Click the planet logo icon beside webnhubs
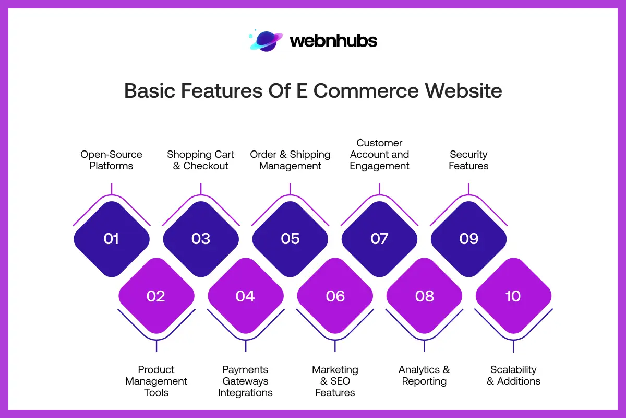click(266, 41)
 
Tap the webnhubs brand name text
click(333, 41)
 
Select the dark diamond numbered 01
click(112, 239)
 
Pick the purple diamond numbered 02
click(156, 296)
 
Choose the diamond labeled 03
click(201, 239)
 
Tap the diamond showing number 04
click(245, 296)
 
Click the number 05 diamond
click(290, 239)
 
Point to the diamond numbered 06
click(335, 296)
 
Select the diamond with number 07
click(379, 239)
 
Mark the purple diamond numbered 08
click(424, 296)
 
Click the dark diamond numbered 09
click(468, 239)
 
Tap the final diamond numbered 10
click(513, 296)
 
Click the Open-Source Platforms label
click(111, 160)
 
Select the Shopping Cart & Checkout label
click(201, 160)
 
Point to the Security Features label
click(468, 160)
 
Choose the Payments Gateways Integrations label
click(245, 381)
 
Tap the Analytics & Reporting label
click(424, 375)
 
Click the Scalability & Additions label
click(513, 375)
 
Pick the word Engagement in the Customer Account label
click(379, 166)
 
